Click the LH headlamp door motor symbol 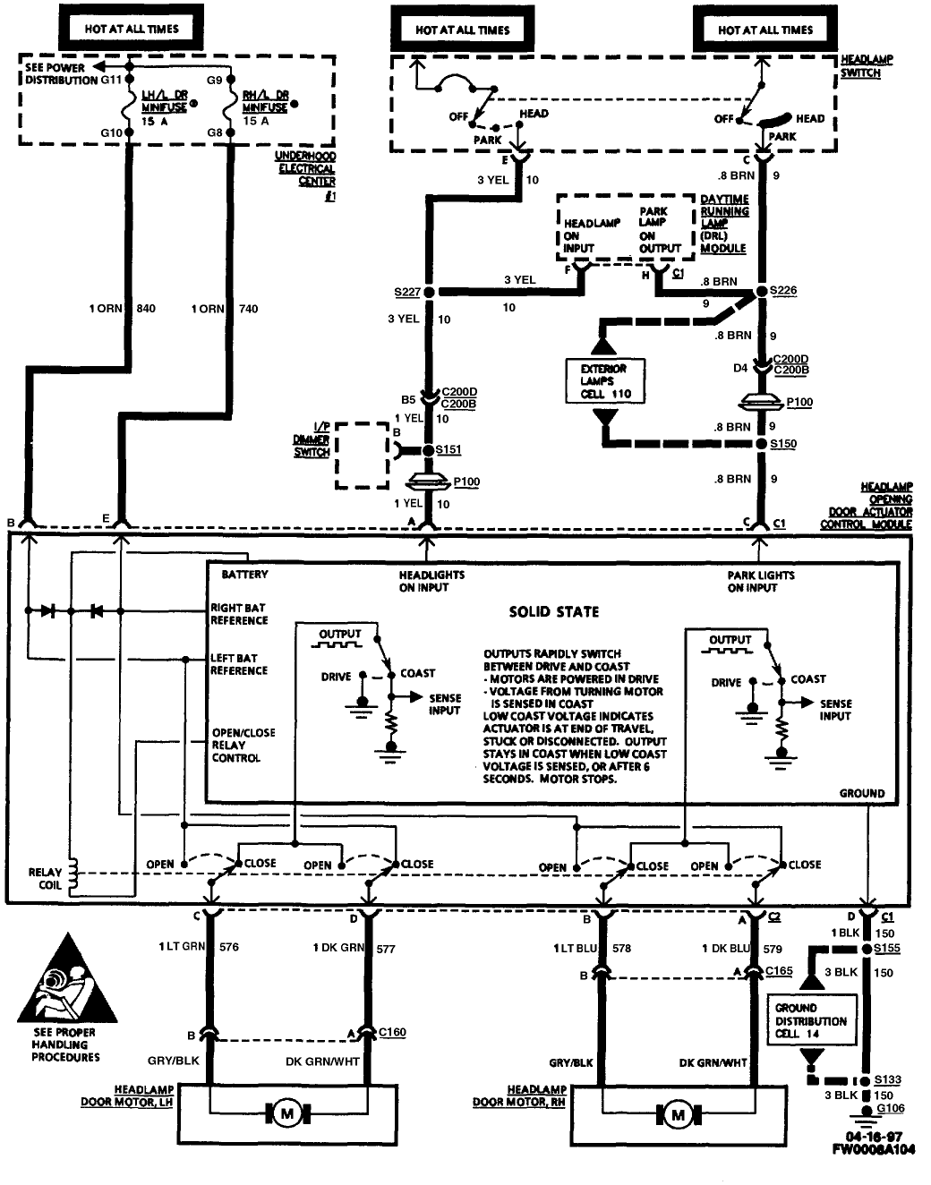coord(287,1114)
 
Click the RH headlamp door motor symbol coord(677,1115)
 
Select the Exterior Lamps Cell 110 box coord(605,381)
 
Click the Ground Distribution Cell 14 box coord(810,1021)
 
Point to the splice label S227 coord(406,292)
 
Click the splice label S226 coord(782,291)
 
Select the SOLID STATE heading coord(554,612)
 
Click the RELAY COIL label coord(45,878)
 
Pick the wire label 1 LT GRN coord(182,947)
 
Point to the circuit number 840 coord(146,309)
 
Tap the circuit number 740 coord(248,309)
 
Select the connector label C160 coord(392,1032)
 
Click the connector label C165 coord(779,970)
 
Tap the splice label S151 coord(448,450)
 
